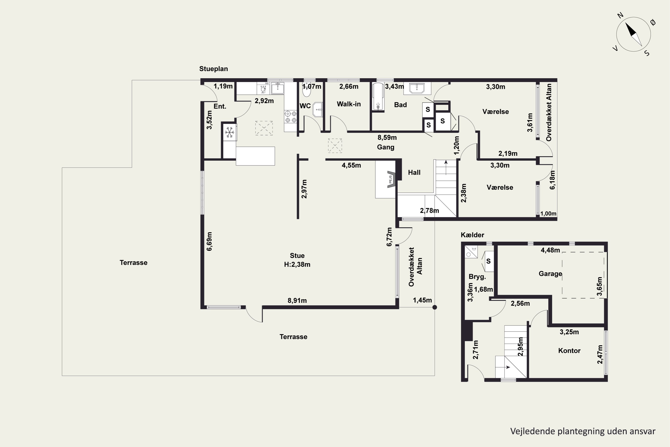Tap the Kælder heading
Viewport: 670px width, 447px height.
click(x=472, y=235)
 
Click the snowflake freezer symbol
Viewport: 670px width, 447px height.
click(x=230, y=132)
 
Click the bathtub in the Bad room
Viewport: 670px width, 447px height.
click(x=378, y=96)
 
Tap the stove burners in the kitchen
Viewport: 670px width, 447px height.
click(x=291, y=117)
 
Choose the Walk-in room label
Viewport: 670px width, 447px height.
click(x=349, y=104)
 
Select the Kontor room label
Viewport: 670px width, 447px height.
click(x=569, y=351)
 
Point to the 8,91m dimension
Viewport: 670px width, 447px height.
click(x=297, y=300)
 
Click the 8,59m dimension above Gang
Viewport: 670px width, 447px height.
click(x=387, y=138)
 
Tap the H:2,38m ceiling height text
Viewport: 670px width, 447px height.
click(x=297, y=265)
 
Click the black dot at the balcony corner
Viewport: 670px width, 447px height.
click(x=435, y=307)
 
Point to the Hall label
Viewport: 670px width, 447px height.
click(x=414, y=173)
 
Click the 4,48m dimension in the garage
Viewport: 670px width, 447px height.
click(x=550, y=250)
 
